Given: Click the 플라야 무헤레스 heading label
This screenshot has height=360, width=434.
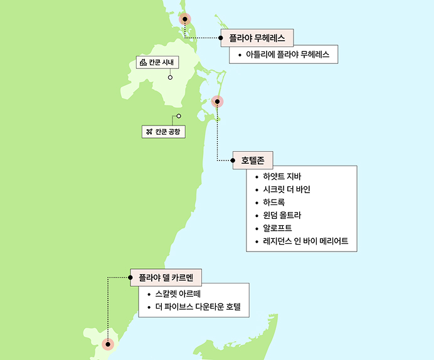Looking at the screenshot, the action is click(x=257, y=38).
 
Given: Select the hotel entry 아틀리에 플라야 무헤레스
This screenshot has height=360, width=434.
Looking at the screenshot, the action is click(x=288, y=55).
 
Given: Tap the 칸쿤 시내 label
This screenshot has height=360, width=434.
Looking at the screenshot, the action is click(x=162, y=62).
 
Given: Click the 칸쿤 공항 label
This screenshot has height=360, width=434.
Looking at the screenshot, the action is click(x=167, y=132).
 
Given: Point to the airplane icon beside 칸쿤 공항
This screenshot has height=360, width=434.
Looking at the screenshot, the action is click(x=149, y=132).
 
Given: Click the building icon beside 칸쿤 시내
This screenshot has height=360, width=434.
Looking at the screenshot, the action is click(x=143, y=62).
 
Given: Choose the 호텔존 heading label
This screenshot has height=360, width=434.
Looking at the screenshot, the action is click(x=253, y=160).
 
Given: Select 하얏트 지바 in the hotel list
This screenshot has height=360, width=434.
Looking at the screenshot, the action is click(x=282, y=176).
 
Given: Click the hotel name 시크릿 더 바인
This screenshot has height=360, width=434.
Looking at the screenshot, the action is click(x=287, y=189).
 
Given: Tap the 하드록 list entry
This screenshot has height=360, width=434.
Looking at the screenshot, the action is click(x=274, y=202).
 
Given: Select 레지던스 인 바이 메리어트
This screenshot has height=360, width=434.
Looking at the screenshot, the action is click(x=305, y=241).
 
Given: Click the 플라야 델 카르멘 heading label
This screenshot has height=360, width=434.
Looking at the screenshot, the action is click(x=166, y=277).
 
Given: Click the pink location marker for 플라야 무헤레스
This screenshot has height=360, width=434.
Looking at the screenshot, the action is click(x=185, y=19).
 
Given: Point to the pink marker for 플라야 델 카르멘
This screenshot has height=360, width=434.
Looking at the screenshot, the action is click(x=109, y=344).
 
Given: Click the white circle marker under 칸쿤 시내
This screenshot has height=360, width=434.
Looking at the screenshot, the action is click(x=170, y=78).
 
